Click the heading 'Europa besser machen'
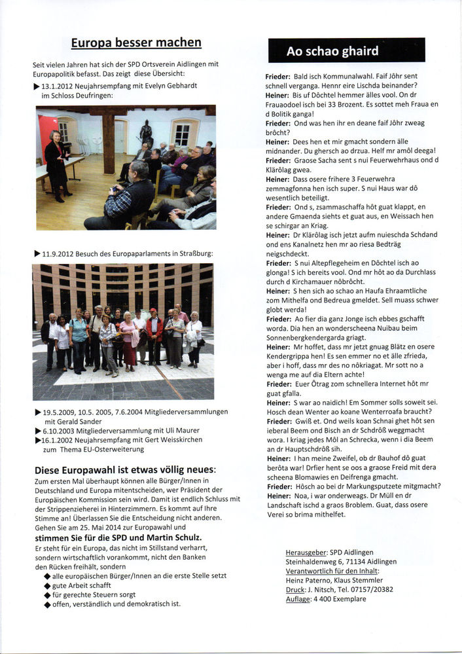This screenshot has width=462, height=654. (136, 43)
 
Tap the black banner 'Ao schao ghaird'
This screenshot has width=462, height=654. (346, 50)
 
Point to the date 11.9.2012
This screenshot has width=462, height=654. (61, 253)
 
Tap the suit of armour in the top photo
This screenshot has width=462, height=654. (145, 133)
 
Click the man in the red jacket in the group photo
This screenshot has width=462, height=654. (154, 334)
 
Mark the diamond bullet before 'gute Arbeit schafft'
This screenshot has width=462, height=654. (47, 585)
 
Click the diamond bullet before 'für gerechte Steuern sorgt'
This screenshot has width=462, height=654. (47, 595)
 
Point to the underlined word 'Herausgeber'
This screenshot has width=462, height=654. (308, 553)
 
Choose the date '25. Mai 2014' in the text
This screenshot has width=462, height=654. (84, 527)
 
